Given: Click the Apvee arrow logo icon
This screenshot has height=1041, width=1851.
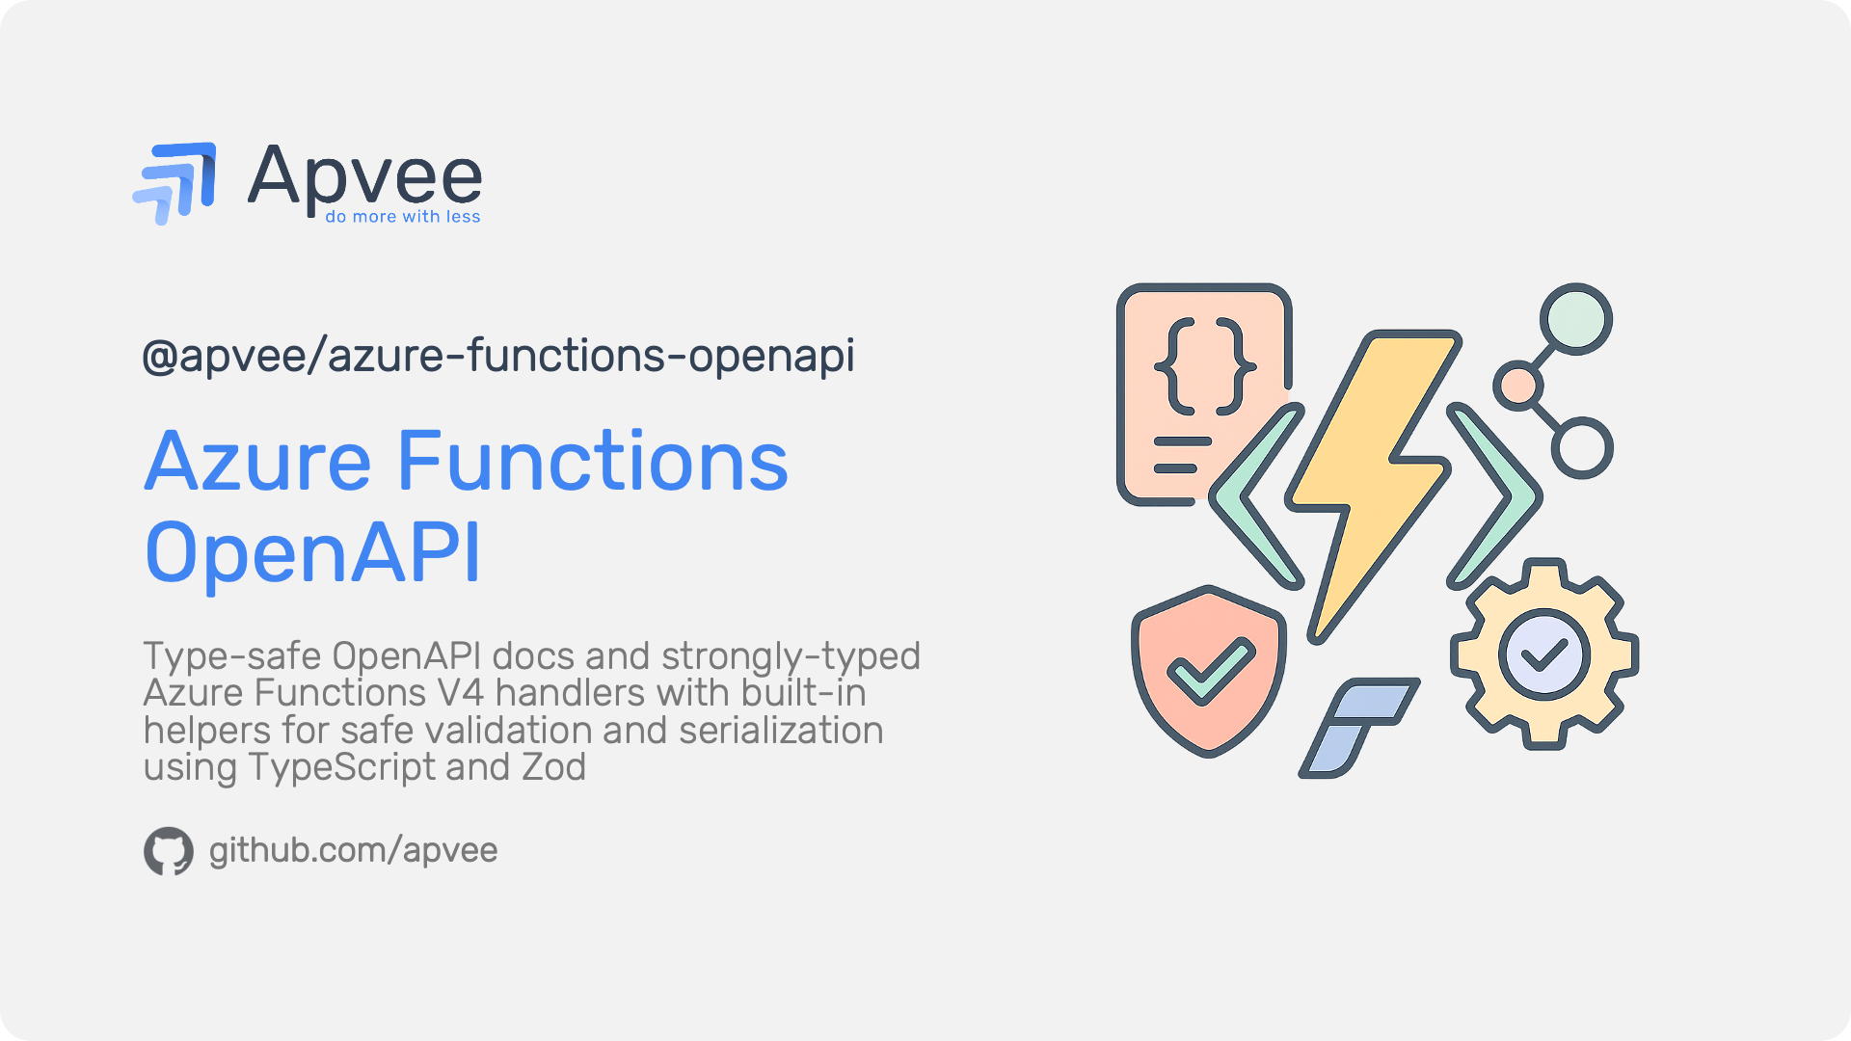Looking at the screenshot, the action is pos(174,183).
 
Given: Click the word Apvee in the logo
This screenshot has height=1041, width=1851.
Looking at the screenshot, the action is pos(365,176).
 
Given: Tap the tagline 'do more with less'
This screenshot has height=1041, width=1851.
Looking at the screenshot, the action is pos(403,217).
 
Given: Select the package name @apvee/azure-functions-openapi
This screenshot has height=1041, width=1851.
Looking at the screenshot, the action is pos(498,356).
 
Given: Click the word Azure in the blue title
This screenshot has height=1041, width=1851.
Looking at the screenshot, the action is pos(257,462).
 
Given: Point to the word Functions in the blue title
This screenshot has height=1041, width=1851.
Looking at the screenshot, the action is pos(592,462).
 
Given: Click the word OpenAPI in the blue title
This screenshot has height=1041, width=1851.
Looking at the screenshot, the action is pos(312,553).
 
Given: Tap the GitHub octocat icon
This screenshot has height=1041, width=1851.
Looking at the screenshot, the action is pos(169,851).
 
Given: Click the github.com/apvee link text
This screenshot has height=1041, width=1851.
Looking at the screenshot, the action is pos(353,850).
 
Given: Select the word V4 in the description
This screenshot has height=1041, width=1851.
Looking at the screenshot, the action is pos(461,693).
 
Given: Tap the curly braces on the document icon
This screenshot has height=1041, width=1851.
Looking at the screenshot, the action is pos(1205,366).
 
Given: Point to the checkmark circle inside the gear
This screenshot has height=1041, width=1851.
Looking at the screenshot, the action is pos(1544,654).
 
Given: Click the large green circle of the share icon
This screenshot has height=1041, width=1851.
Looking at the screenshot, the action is pos(1576,319).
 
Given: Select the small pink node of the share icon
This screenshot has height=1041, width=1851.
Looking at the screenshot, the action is pos(1518,386).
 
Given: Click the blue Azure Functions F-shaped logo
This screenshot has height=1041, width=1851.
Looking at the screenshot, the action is pos(1359,727).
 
